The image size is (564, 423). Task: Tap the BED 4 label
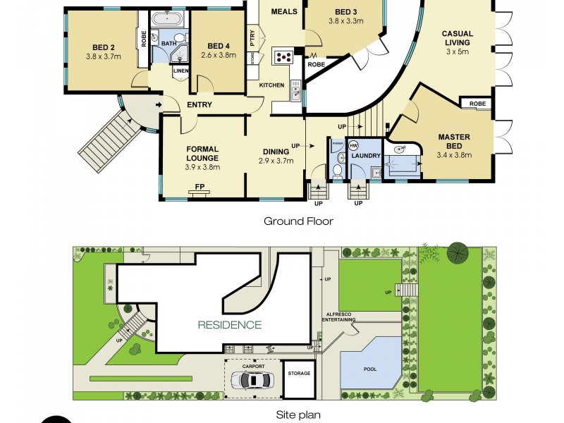click(x=219, y=47)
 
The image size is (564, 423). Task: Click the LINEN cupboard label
click(x=180, y=69)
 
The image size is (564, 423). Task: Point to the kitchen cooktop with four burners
click(x=283, y=56)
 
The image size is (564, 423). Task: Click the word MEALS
click(x=283, y=12)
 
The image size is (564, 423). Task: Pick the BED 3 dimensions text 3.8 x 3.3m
click(x=345, y=21)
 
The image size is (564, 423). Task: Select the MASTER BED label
click(x=454, y=141)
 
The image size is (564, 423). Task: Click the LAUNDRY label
click(x=367, y=156)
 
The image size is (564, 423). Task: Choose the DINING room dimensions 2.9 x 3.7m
click(x=275, y=161)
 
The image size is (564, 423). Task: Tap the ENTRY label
click(x=200, y=105)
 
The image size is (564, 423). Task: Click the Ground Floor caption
click(x=298, y=221)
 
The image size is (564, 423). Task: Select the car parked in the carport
click(x=255, y=380)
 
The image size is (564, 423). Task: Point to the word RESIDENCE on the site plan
click(x=229, y=325)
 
